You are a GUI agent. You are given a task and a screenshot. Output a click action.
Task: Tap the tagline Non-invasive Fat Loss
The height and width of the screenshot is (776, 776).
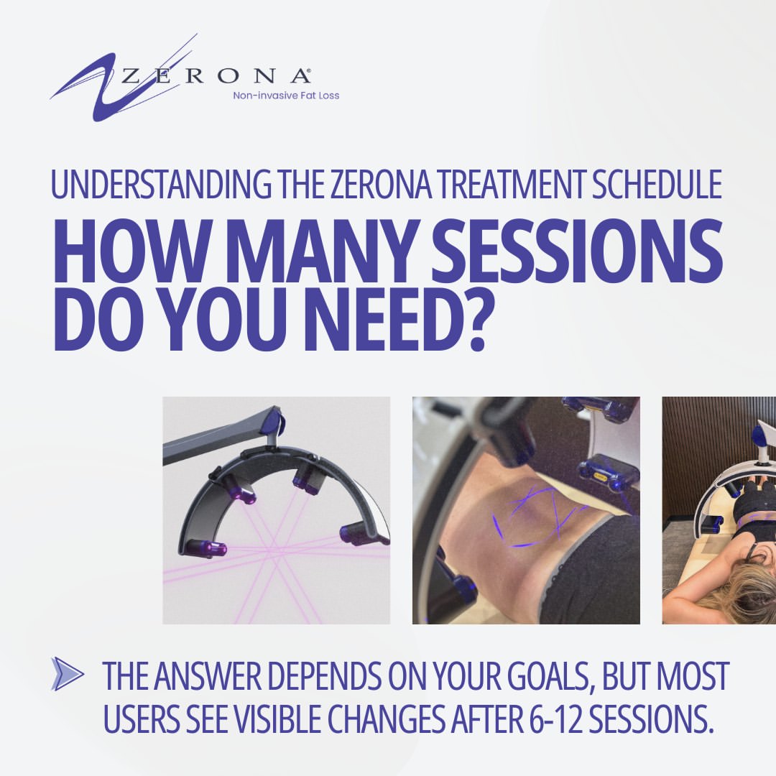(286, 96)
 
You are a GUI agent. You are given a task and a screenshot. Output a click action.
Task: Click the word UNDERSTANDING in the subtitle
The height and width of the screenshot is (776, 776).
(162, 184)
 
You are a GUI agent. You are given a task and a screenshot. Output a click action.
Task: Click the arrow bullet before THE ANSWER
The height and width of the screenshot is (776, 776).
(68, 673)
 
